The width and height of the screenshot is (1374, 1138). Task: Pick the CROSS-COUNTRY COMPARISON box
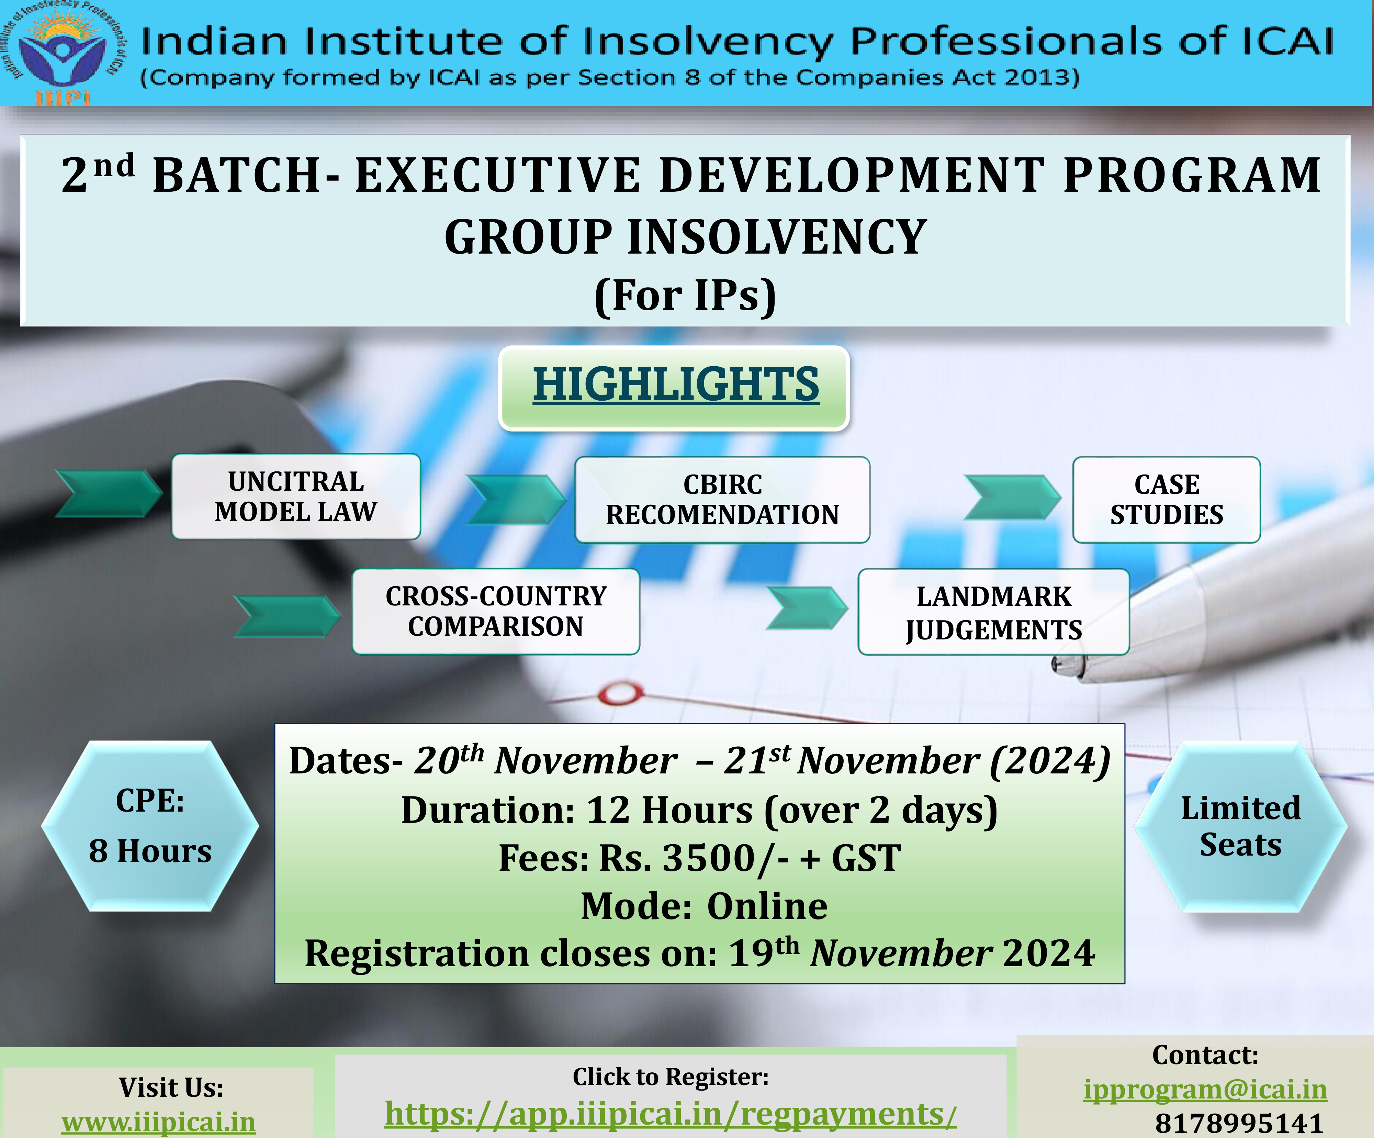click(x=496, y=611)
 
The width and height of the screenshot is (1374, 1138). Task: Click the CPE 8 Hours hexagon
click(x=150, y=826)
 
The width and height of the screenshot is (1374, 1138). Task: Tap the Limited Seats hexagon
click(x=1240, y=826)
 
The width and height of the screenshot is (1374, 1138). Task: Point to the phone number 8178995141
click(x=1239, y=1123)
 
